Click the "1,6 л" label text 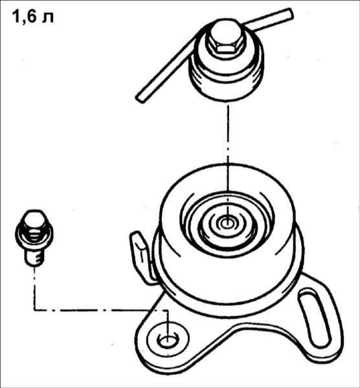click(x=33, y=17)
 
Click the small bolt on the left click(x=34, y=238)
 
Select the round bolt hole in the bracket click(x=168, y=341)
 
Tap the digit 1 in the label click(x=16, y=17)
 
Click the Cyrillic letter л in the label click(x=48, y=18)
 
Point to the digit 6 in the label click(x=32, y=17)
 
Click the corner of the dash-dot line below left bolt click(x=34, y=310)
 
